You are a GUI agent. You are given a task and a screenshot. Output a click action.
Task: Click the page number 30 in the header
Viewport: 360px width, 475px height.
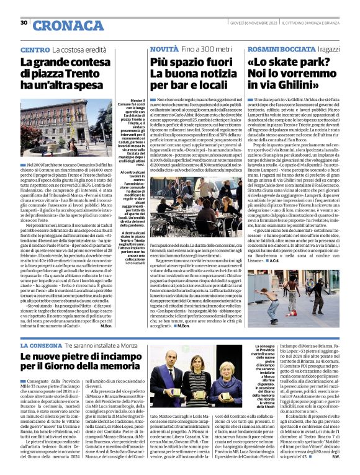tap(24, 23)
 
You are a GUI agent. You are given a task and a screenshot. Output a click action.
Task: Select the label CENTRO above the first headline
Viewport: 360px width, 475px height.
tap(35, 49)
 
